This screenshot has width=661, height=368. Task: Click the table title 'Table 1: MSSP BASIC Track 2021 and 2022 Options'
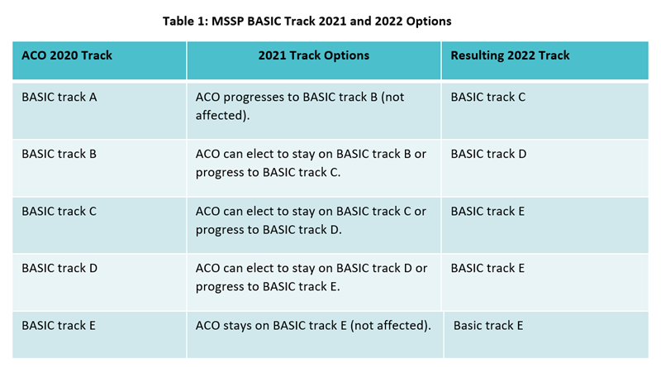coord(307,22)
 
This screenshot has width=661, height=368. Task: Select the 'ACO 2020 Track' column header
coord(67,55)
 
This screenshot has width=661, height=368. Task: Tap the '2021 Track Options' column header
coord(314,55)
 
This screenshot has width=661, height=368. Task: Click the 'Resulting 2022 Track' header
coord(510,55)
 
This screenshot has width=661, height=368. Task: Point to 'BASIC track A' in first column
coord(59,97)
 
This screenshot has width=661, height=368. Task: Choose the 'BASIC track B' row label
coord(59,154)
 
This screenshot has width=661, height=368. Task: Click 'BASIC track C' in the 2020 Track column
coord(59,211)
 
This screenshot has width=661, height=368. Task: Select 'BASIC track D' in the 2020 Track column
coord(59,268)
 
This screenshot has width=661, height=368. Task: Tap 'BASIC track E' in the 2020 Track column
coord(59,325)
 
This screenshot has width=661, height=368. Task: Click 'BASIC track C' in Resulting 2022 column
coord(488,97)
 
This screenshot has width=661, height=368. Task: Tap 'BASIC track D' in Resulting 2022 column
coord(488,154)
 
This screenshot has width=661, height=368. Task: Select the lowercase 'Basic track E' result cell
coord(488,325)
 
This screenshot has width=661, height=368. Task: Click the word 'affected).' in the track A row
coord(222,115)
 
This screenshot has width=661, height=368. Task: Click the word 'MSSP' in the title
coord(228,22)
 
